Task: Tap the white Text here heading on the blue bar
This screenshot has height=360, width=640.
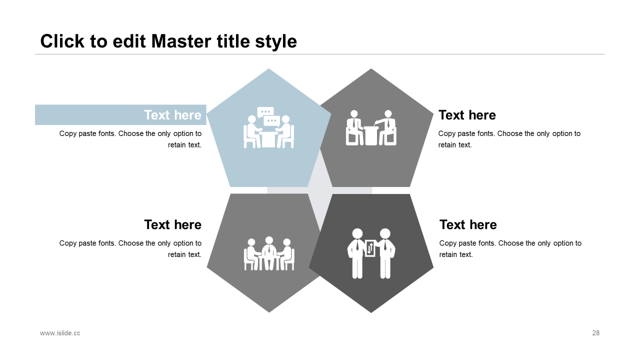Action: point(172,115)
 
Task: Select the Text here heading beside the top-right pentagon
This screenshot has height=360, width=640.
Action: point(467,115)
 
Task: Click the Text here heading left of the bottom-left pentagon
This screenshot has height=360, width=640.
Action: point(172,224)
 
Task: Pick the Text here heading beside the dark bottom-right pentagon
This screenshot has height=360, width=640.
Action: point(468,224)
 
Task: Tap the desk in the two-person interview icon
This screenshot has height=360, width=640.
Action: point(371,135)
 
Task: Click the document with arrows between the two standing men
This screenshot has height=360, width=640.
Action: point(370,248)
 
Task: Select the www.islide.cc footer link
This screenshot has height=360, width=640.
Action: point(60,333)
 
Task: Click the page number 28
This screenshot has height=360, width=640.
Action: point(595,333)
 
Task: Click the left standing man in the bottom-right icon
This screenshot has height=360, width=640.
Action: point(357,252)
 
